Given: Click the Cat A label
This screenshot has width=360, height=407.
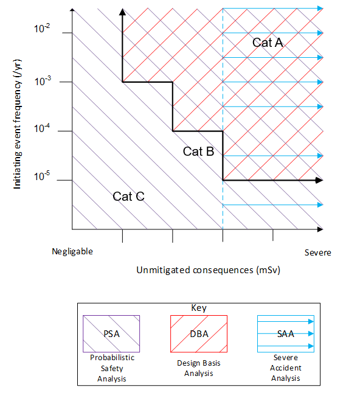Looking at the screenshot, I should click(268, 43).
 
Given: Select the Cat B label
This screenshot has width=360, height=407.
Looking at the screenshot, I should click(198, 151).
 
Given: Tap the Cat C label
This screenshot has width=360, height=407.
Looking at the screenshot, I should click(128, 196).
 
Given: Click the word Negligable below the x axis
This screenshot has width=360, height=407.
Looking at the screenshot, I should click(72, 251).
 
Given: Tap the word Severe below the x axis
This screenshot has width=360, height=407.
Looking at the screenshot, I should click(317, 252).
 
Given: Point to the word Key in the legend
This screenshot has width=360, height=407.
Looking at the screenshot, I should click(198, 308).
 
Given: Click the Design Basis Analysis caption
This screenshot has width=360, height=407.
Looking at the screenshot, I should click(198, 368).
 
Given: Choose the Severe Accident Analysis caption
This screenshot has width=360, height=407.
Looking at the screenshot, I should click(286, 368).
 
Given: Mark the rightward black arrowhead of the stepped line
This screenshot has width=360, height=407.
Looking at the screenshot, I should click(317, 180).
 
